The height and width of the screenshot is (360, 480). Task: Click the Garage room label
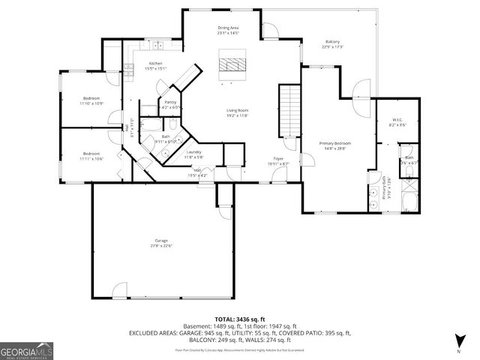[x=162, y=242]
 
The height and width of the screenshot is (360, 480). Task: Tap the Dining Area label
[x=228, y=31]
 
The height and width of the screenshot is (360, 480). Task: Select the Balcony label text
[x=332, y=43]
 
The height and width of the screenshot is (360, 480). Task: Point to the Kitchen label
[x=155, y=66]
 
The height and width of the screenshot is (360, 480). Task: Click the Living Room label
[x=238, y=112]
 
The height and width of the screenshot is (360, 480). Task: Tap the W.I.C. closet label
[x=397, y=122]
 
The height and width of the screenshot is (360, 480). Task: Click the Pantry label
[x=170, y=105]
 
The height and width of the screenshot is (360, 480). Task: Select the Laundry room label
[x=193, y=154]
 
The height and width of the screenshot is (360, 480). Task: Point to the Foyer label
[x=277, y=160]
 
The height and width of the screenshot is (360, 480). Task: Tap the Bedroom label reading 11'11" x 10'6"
[x=91, y=155]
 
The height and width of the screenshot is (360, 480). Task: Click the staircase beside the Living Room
[x=289, y=108]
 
